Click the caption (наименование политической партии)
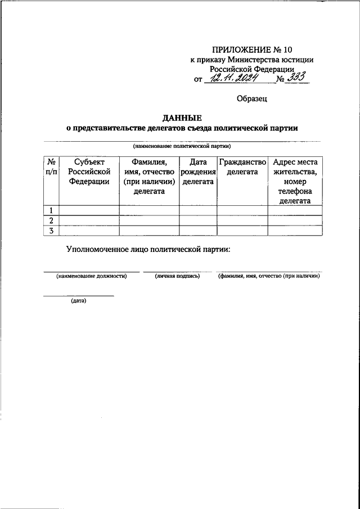pos(182,145)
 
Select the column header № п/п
pos(51,166)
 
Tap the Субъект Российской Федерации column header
pos(89,171)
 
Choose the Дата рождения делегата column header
pos(198,171)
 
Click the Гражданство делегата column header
pos(242,166)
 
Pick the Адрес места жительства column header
pos(295,181)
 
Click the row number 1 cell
pos(51,210)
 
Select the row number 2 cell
pos(51,220)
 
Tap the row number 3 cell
pos(51,230)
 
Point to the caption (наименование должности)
pos(90,276)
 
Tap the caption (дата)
pos(78,300)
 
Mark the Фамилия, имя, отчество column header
pos(149,176)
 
